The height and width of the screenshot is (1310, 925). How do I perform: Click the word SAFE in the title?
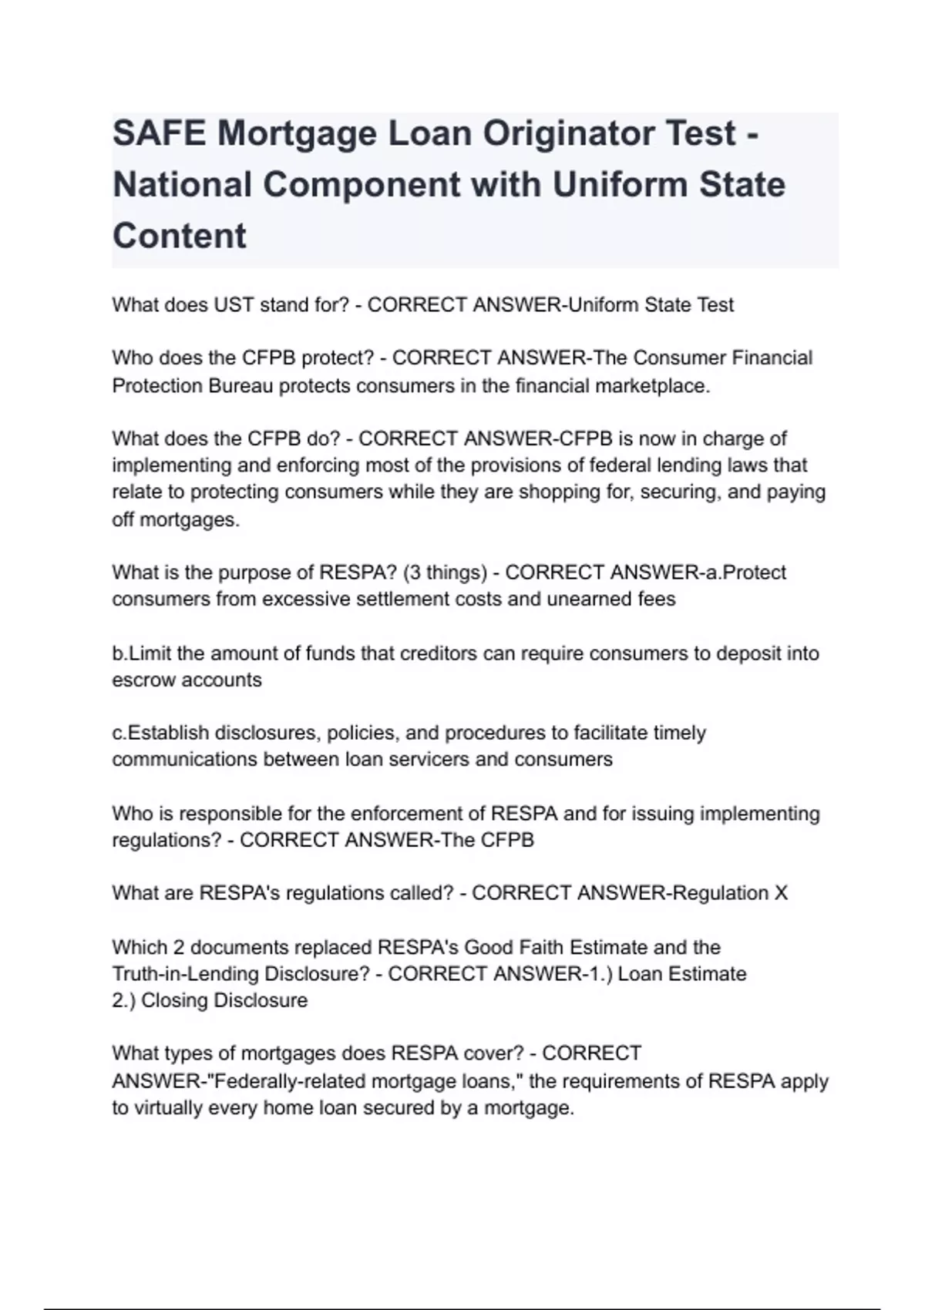[x=159, y=133]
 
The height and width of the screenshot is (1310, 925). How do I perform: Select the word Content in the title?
[x=180, y=235]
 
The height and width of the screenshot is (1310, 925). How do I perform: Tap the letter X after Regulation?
[x=781, y=893]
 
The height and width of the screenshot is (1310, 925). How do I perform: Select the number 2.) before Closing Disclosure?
[x=123, y=1000]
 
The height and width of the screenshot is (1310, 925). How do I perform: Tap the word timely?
[x=679, y=733]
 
